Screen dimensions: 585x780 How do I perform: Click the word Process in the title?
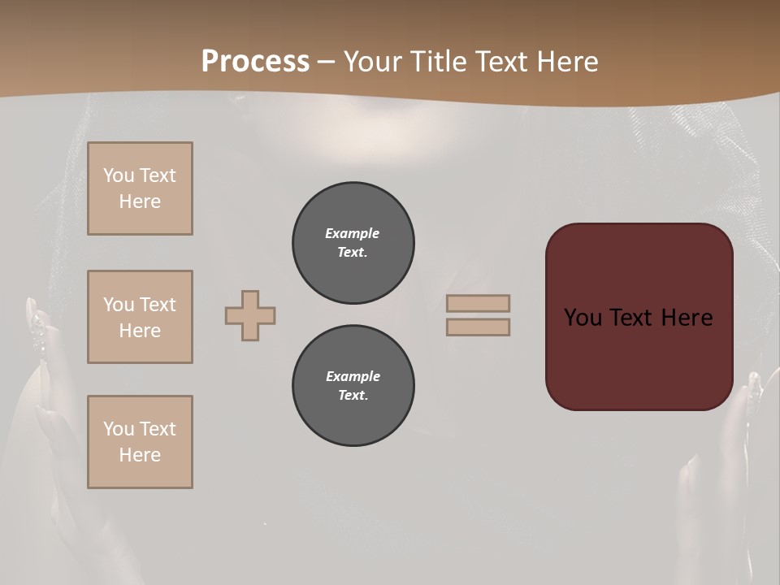255,62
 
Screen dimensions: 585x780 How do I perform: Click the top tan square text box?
140,188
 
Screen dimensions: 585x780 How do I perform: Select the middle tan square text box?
140,317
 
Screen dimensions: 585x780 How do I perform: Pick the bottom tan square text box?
140,442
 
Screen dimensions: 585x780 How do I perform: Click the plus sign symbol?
250,315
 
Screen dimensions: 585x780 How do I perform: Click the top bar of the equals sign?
478,303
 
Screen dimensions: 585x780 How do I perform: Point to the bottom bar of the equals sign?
478,327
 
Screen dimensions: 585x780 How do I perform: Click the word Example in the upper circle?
353,233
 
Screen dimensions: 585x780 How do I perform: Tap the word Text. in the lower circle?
353,395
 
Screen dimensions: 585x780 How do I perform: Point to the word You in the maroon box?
583,318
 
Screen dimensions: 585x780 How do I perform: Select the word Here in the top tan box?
140,201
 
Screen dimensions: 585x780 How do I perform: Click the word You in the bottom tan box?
119,429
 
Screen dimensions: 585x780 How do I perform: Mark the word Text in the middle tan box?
157,305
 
